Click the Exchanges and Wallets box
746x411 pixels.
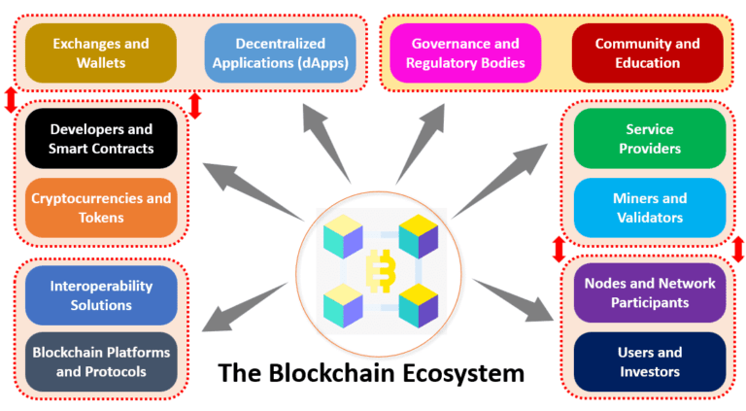(x=101, y=53)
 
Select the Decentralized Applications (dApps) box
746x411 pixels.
(x=280, y=53)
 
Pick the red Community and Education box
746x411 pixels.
(x=647, y=53)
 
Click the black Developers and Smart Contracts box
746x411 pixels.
(x=101, y=139)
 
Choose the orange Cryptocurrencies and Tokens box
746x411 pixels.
(x=101, y=208)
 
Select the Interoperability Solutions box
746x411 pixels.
(x=101, y=295)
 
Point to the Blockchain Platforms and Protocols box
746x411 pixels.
(x=101, y=361)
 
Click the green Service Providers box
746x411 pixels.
(x=650, y=139)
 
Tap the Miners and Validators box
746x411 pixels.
(x=650, y=208)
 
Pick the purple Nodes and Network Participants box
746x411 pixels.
(x=650, y=292)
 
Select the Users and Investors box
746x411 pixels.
(x=650, y=361)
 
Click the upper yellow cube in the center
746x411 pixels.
(x=417, y=234)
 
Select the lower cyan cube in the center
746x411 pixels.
(x=342, y=303)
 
